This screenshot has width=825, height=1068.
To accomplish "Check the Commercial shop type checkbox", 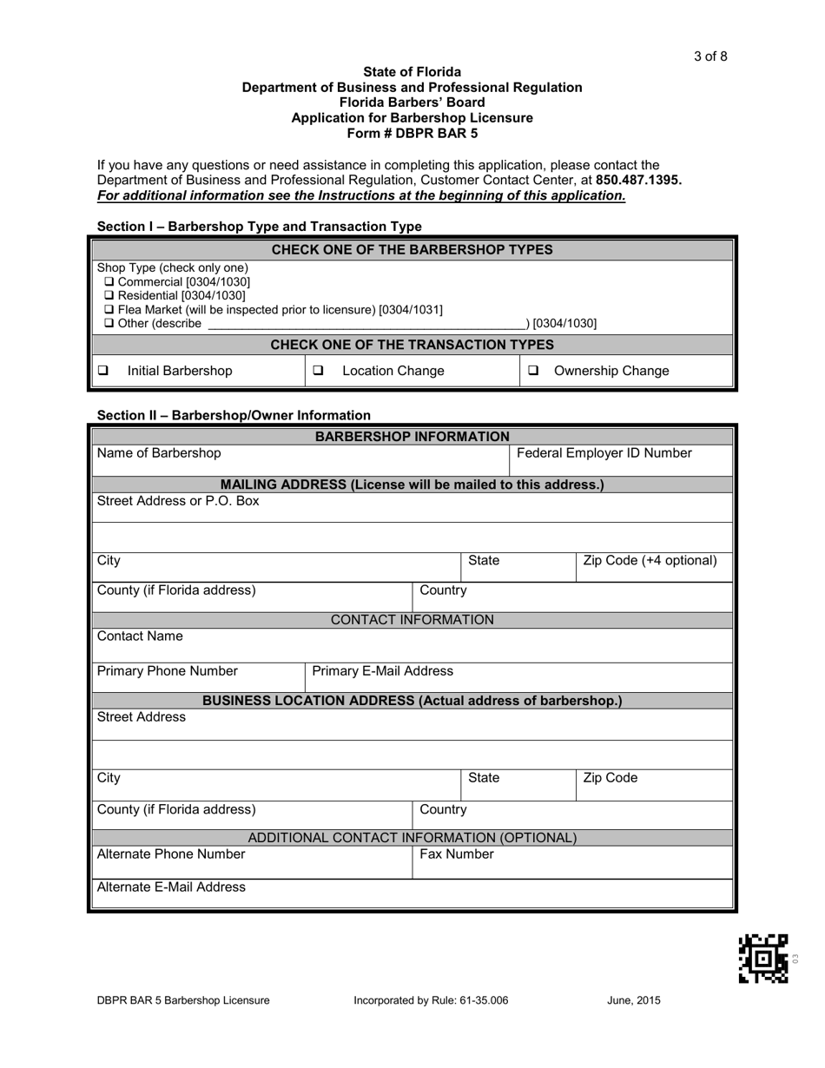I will (x=109, y=282).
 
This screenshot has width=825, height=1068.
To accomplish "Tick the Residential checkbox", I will (x=109, y=296).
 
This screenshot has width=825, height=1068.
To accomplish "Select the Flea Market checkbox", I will (x=109, y=310).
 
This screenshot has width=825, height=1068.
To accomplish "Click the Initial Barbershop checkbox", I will (x=103, y=371).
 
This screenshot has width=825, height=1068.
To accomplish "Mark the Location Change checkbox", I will (x=319, y=371).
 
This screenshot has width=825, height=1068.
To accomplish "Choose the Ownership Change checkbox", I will (x=532, y=371).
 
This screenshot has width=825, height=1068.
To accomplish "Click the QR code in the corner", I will (x=763, y=958).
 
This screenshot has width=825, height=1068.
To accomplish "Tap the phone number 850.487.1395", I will (x=638, y=181).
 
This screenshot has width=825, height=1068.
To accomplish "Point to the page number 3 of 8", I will (x=710, y=57).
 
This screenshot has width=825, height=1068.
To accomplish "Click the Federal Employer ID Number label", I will (x=604, y=453).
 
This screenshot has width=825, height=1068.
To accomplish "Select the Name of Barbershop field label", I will (x=159, y=453).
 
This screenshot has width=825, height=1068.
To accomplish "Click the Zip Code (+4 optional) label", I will (x=650, y=560).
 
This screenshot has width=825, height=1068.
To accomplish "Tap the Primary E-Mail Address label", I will (x=382, y=671).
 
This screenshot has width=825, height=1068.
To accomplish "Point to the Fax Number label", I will (x=457, y=854).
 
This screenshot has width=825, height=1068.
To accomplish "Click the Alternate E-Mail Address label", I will (x=171, y=887).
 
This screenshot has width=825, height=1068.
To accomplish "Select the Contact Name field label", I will (x=140, y=636).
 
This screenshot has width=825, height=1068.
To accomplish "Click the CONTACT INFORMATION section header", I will (x=412, y=620).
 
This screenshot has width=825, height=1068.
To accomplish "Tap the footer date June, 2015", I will (x=633, y=1000).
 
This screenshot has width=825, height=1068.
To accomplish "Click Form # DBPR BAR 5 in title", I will (x=412, y=134).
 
